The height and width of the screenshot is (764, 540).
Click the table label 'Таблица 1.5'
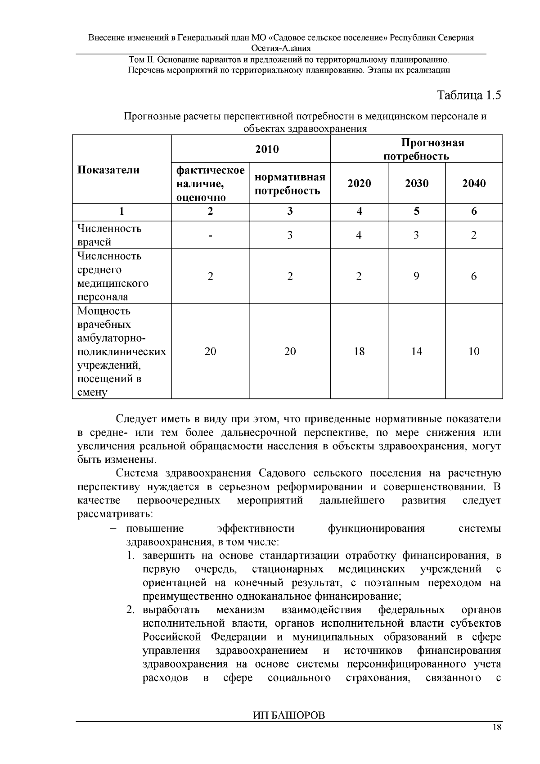click(x=469, y=95)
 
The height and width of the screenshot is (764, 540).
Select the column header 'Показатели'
click(x=108, y=170)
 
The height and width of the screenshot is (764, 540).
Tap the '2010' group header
click(x=267, y=149)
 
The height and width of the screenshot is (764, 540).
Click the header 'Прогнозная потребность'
click(x=416, y=149)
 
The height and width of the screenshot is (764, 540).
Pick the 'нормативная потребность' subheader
click(x=290, y=184)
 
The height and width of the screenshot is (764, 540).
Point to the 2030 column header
click(x=416, y=183)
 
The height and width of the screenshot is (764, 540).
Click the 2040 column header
click(x=474, y=183)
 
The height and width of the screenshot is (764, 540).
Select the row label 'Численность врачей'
click(x=109, y=235)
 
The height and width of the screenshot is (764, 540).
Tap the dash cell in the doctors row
click(x=210, y=235)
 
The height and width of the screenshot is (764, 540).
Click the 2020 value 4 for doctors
click(x=359, y=235)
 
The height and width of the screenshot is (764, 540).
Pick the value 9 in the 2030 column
click(x=416, y=276)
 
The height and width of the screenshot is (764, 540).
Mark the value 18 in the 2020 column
click(x=359, y=351)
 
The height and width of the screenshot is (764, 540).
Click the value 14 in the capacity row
click(x=416, y=351)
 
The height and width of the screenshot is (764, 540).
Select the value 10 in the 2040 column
click(x=474, y=351)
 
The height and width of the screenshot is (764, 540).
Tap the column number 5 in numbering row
click(x=416, y=211)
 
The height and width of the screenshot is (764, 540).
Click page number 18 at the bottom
click(x=497, y=728)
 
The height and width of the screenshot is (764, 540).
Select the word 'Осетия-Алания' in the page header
click(x=281, y=48)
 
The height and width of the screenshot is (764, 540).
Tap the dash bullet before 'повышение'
click(x=113, y=529)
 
